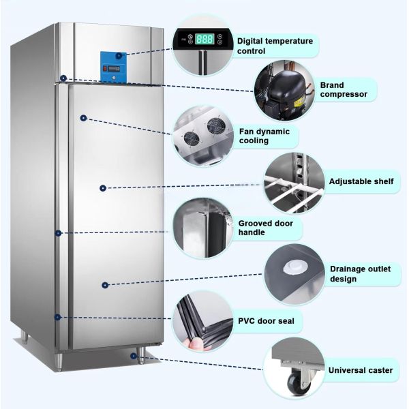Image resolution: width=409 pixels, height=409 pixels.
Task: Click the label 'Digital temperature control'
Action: click(275, 46)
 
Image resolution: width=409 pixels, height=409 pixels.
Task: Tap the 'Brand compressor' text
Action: click(344, 89)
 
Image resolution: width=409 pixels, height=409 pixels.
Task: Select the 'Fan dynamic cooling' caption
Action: click(264, 136)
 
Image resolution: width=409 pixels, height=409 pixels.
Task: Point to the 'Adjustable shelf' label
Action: click(361, 182)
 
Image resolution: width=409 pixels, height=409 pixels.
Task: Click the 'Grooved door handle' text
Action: click(261, 228)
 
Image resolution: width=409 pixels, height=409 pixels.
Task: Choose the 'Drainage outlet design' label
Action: click(361, 273)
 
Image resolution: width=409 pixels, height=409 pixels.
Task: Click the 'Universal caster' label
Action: click(361, 370)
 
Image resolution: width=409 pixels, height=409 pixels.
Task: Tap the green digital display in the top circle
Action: click(204, 39)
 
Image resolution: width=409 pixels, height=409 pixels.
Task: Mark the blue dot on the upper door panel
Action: click(83, 118)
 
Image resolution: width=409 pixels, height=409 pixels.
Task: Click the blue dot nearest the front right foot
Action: click(133, 354)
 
